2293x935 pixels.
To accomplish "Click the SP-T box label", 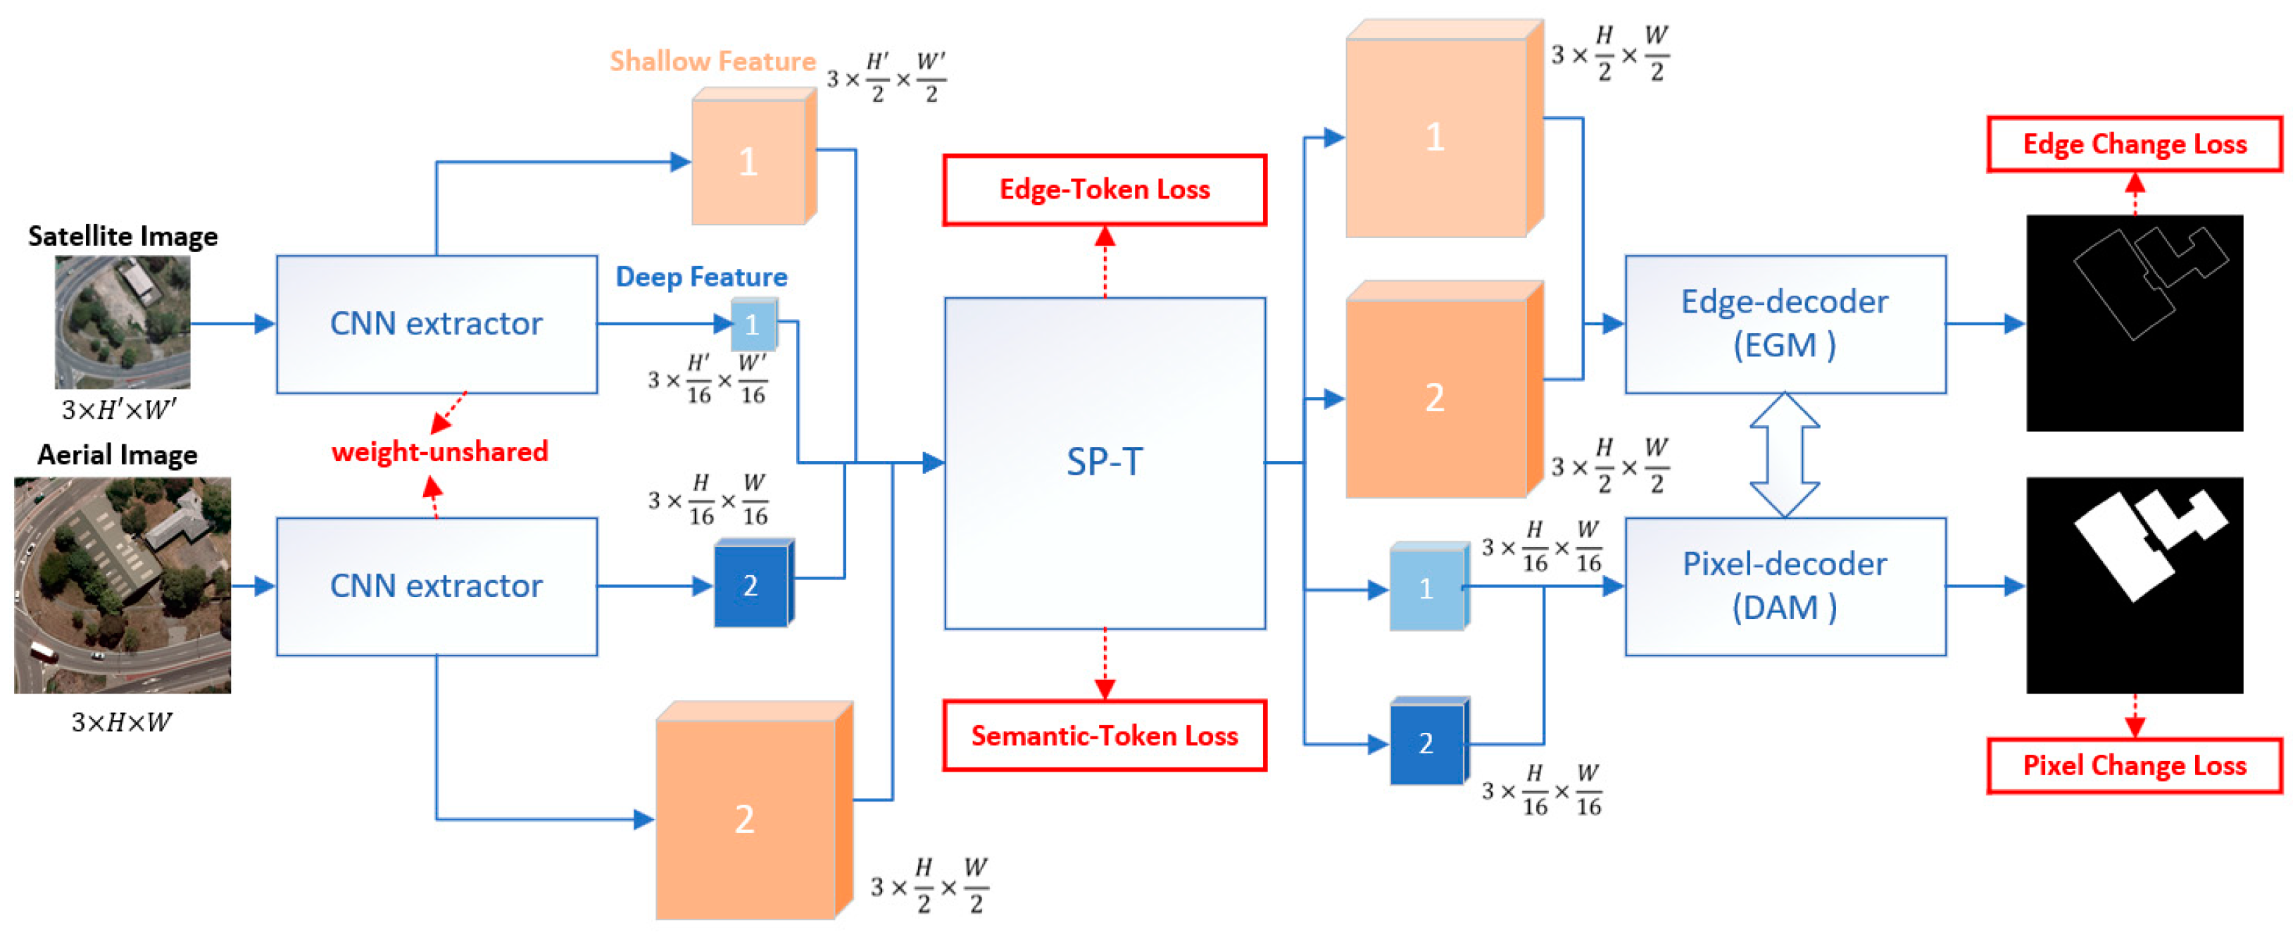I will (1104, 461).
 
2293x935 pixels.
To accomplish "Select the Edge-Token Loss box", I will (1104, 189).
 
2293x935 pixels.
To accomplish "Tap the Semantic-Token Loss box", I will (1104, 736).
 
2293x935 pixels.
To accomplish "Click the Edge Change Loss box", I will (2134, 144).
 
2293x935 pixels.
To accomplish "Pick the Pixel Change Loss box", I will (2134, 766).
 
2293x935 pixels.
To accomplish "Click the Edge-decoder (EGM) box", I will (1785, 324).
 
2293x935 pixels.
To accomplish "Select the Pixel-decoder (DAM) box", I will (1785, 586).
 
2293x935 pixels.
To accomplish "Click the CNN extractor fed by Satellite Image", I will (436, 324).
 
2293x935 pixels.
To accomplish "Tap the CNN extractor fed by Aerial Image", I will (436, 586).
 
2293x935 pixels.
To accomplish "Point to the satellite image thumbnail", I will (122, 322).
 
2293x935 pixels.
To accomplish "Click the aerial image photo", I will (122, 585).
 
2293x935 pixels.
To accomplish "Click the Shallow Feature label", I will (712, 61).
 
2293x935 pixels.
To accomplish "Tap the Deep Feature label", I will (701, 277).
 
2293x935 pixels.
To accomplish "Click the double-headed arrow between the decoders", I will (1785, 455).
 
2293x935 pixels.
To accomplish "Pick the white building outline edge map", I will (2134, 322).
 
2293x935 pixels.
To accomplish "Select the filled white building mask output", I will (2134, 585).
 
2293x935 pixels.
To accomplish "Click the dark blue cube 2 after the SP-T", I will (1427, 743).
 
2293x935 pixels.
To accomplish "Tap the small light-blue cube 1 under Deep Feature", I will (753, 325).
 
